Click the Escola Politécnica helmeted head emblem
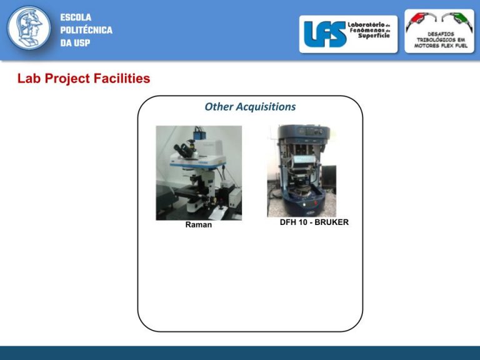pos(29,28)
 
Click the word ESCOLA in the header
pos(76,17)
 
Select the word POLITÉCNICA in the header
pos(86,30)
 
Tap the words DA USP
pos(75,43)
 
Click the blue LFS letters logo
pos(324,34)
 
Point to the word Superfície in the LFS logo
pos(374,36)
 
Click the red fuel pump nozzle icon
pos(421,21)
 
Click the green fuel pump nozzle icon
pos(457,21)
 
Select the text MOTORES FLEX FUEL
pos(441,46)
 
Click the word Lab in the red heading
pos(29,78)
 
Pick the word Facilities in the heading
pos(122,78)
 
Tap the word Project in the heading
pos(67,79)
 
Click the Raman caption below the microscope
pos(198,225)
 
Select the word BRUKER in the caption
pos(331,222)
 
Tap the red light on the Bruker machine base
pos(315,203)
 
